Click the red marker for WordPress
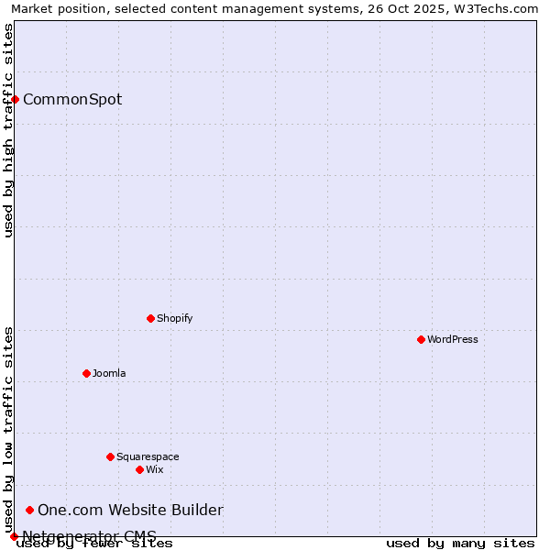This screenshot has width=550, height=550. [421, 339]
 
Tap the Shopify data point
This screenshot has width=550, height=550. [150, 318]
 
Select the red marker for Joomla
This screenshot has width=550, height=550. [86, 373]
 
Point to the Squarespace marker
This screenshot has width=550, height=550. [110, 456]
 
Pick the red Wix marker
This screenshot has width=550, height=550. [139, 469]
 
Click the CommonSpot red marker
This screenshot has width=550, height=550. [15, 99]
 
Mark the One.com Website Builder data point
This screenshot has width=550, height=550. [29, 510]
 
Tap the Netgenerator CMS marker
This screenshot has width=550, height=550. [14, 536]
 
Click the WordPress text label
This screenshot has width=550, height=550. [453, 339]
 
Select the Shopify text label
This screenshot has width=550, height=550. [174, 318]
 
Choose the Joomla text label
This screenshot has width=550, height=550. [109, 373]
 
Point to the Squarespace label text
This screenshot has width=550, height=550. [148, 456]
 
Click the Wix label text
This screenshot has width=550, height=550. [154, 469]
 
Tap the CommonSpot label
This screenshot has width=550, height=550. [72, 99]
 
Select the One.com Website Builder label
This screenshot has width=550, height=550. [130, 510]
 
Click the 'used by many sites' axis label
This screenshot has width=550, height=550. [460, 543]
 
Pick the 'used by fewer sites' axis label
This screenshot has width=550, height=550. [95, 543]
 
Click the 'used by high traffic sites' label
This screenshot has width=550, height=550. [8, 130]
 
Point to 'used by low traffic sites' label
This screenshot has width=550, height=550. [8, 429]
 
